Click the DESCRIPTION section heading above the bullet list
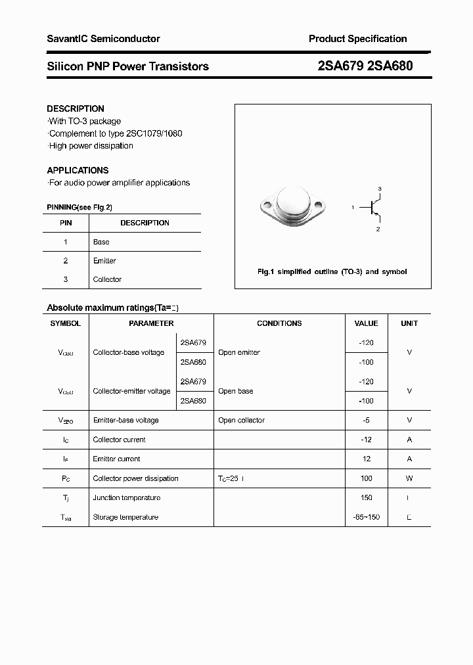point(76,108)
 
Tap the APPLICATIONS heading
point(78,170)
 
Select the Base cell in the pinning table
point(101,242)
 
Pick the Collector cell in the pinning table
point(107,279)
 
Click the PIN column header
point(66,223)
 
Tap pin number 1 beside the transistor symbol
point(353,208)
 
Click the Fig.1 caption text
point(332,271)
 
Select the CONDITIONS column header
point(279,323)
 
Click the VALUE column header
point(366,323)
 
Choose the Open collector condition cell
point(241,420)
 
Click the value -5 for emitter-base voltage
point(367,420)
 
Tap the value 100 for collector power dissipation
point(367,478)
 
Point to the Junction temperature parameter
point(126,497)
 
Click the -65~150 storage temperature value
point(367,517)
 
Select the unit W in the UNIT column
point(409,478)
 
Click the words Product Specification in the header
point(357,39)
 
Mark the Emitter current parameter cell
point(116,459)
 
